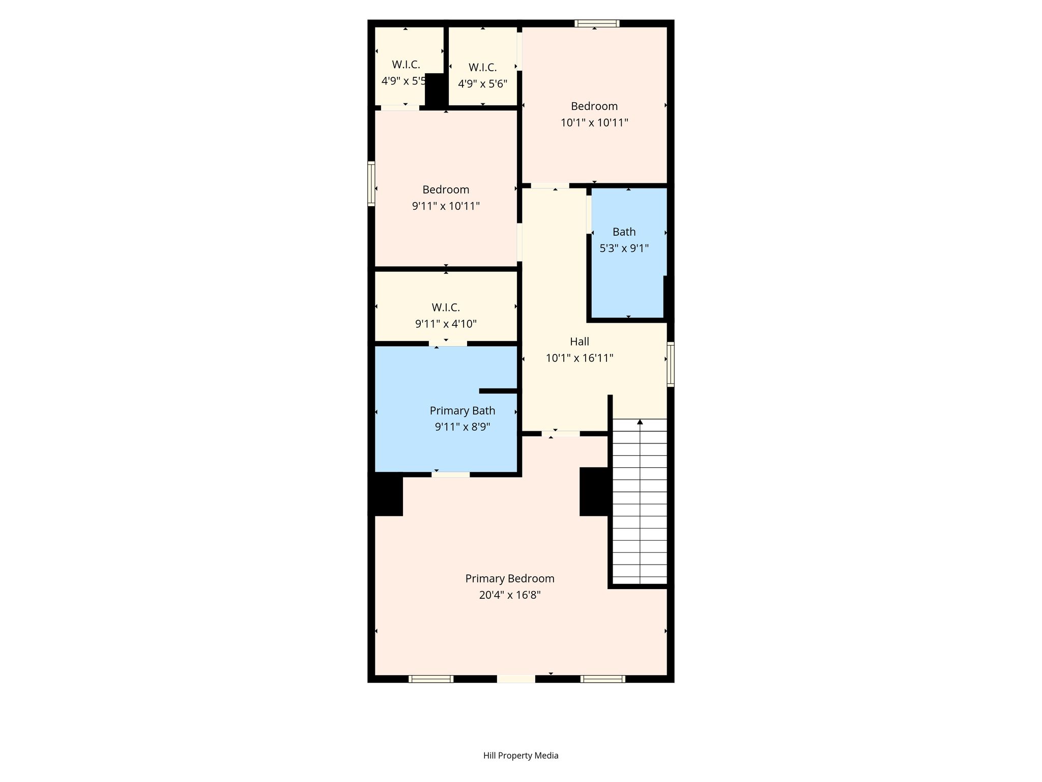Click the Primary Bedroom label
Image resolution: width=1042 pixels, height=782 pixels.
tap(510, 579)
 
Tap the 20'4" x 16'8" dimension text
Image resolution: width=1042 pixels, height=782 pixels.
tap(510, 595)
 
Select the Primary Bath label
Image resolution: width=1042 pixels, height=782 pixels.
tap(462, 411)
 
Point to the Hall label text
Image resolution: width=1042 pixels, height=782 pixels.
tap(580, 342)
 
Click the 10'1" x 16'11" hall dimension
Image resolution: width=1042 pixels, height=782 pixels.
tap(580, 358)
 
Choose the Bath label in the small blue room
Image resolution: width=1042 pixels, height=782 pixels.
tap(624, 232)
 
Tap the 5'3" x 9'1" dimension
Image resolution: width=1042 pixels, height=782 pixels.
tap(624, 248)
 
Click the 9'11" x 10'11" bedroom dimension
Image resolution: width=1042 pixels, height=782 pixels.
tap(446, 206)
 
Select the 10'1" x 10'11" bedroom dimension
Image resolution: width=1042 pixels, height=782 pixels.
tap(594, 123)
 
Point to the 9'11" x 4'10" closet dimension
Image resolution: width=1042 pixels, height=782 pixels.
tap(446, 324)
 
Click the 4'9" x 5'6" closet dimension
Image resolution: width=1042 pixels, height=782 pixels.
tap(482, 84)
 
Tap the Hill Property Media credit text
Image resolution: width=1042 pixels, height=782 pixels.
tap(521, 756)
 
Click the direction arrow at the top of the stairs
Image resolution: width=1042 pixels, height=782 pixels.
tap(640, 422)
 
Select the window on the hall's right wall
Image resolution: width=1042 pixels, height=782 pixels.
tap(671, 364)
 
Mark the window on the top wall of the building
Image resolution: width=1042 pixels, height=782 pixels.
tap(597, 23)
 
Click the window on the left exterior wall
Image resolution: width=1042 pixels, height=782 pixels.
tap(371, 184)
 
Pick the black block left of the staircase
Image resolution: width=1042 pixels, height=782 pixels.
tap(594, 491)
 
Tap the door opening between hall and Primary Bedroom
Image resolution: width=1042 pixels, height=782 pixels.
tap(561, 434)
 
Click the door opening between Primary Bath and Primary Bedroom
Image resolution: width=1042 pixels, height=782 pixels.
tap(451, 474)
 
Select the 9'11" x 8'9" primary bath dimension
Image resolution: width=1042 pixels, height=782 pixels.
tap(462, 427)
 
